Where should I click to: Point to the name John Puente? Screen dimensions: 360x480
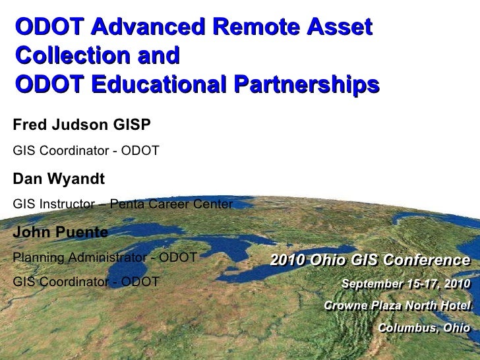pos(60,232)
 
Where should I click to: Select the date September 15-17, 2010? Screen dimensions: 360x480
pos(405,284)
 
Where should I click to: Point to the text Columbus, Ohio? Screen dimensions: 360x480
pos(424,328)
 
